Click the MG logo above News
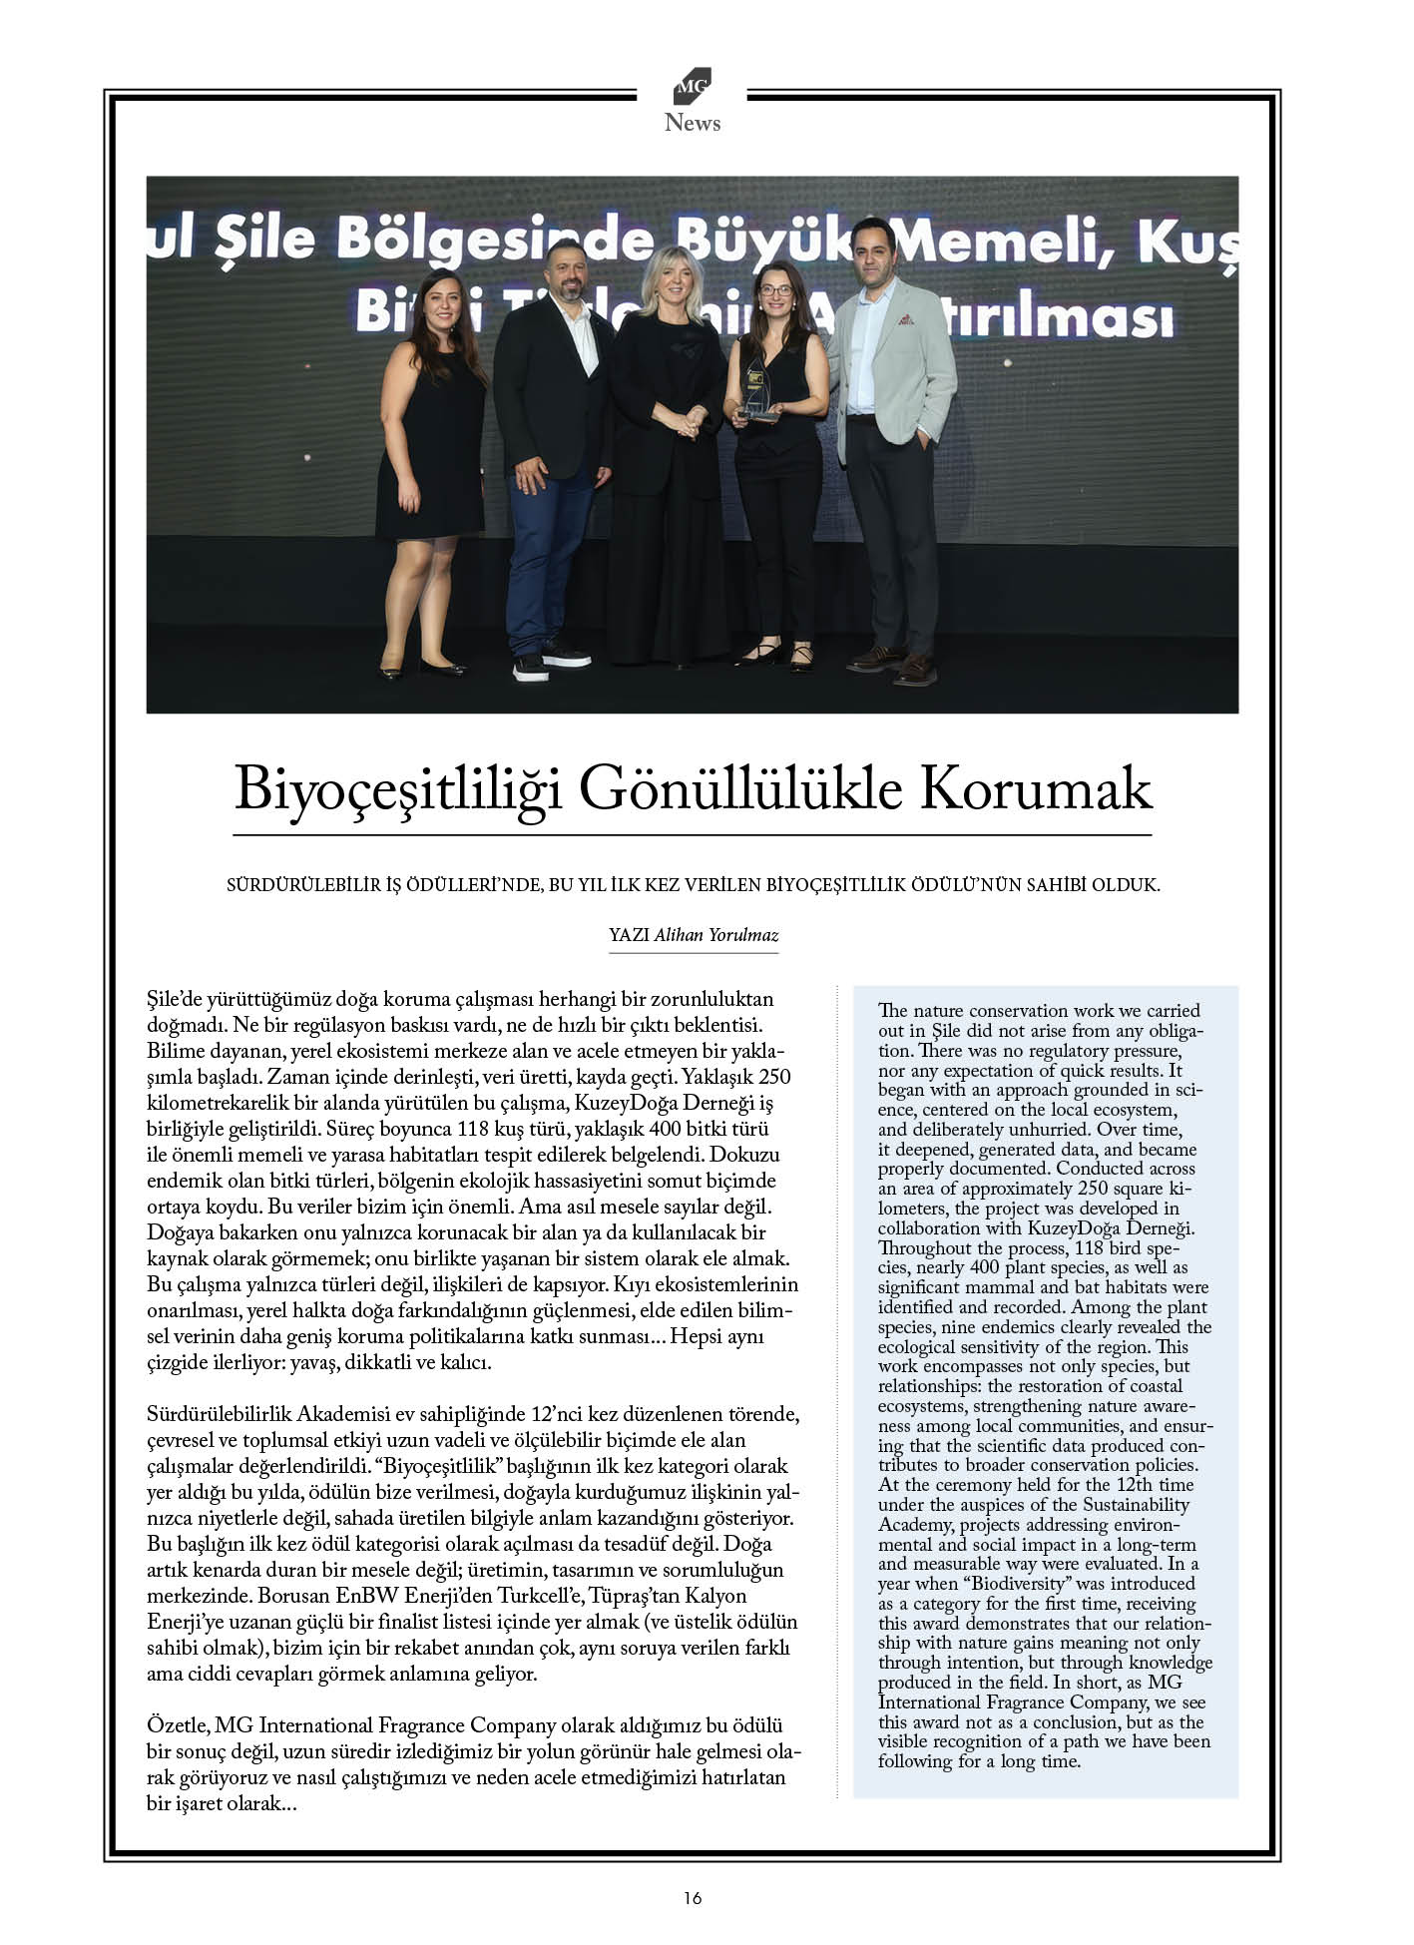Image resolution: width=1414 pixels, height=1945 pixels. click(x=692, y=87)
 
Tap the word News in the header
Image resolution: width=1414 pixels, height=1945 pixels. click(x=692, y=123)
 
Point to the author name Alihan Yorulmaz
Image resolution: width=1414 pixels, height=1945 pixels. click(x=715, y=935)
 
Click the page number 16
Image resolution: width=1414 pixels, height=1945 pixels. click(x=693, y=1898)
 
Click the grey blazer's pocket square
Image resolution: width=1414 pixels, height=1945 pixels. click(x=905, y=320)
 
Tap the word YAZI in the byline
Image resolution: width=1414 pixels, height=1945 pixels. click(x=629, y=935)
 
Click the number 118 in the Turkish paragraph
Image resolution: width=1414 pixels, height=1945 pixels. click(x=476, y=1130)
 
